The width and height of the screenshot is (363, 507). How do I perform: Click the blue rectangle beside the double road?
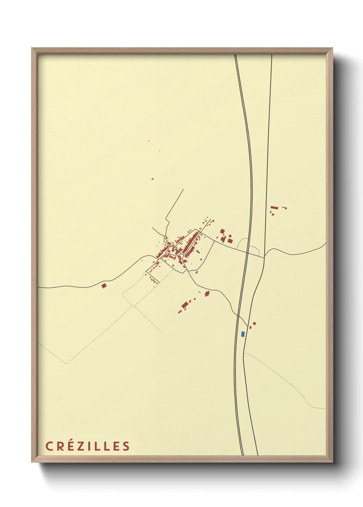(x=243, y=334)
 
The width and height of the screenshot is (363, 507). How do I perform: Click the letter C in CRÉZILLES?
(x=49, y=446)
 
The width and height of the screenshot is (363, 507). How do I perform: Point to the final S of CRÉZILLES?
(x=126, y=446)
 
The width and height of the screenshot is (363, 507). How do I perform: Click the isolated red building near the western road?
(x=104, y=285)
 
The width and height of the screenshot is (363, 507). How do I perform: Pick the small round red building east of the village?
(x=230, y=236)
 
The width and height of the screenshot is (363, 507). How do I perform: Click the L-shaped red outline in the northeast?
(x=284, y=208)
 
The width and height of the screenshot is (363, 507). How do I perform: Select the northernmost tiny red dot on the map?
(x=149, y=141)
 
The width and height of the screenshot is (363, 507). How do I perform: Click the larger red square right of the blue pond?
(x=254, y=323)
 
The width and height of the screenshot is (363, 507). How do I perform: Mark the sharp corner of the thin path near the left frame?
(x=66, y=363)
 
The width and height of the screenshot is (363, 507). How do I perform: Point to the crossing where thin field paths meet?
(x=133, y=306)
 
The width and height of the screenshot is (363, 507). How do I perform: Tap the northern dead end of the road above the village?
(x=184, y=189)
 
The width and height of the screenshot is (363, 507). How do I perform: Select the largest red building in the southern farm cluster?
(x=185, y=305)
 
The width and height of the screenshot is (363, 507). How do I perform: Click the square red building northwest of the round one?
(x=222, y=231)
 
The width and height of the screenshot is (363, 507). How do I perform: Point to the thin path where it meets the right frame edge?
(x=325, y=408)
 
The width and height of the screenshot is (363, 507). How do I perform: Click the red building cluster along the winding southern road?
(x=207, y=293)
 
